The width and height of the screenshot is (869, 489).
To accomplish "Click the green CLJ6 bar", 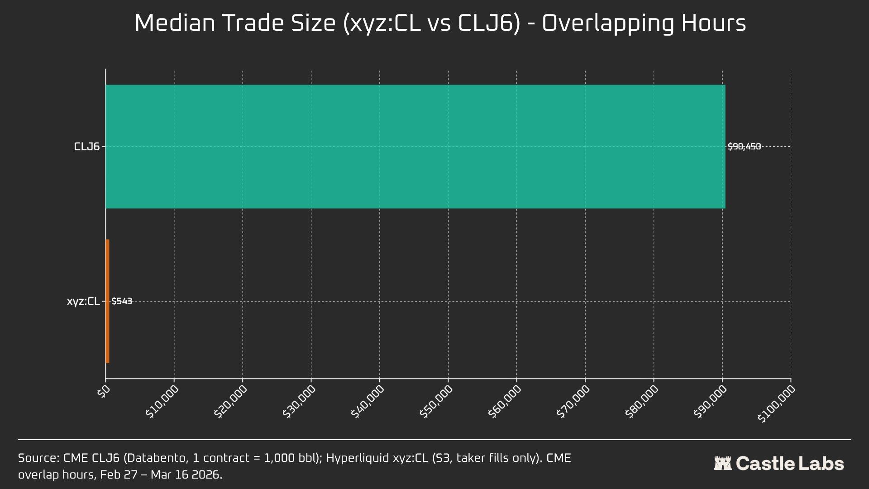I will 415,146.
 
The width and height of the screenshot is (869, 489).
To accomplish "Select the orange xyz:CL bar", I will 107,301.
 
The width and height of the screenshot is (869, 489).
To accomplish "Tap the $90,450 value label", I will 744,147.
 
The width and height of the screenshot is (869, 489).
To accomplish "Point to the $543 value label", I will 122,301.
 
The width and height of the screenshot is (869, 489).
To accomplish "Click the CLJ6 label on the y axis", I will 87,147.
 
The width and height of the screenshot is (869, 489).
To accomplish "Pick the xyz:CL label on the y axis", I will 83,302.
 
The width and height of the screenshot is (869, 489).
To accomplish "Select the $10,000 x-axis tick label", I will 162,402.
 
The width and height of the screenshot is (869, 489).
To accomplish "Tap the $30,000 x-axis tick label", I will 299,402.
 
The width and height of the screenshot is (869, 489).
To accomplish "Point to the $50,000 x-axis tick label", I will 436,402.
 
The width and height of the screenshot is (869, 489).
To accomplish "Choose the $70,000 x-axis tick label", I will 573,402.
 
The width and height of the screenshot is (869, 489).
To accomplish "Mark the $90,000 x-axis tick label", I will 710,402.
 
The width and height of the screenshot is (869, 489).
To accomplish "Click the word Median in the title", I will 175,23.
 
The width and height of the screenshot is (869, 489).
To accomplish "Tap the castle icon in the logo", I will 722,463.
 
